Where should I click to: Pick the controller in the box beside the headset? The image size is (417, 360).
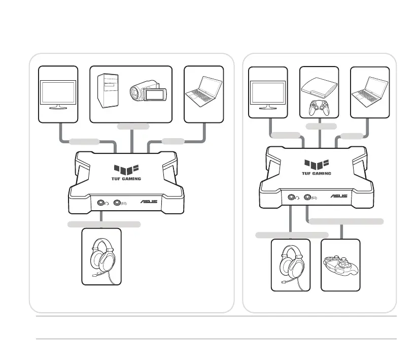click(x=340, y=265)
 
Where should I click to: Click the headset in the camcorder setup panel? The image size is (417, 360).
click(x=101, y=256)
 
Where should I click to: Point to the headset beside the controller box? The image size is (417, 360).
click(x=290, y=265)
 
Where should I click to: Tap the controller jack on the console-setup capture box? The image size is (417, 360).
click(x=307, y=197)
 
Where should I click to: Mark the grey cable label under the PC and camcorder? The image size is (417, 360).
click(x=133, y=126)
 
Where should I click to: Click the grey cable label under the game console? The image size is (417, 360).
click(x=321, y=125)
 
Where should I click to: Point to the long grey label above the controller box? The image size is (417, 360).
click(x=346, y=221)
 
